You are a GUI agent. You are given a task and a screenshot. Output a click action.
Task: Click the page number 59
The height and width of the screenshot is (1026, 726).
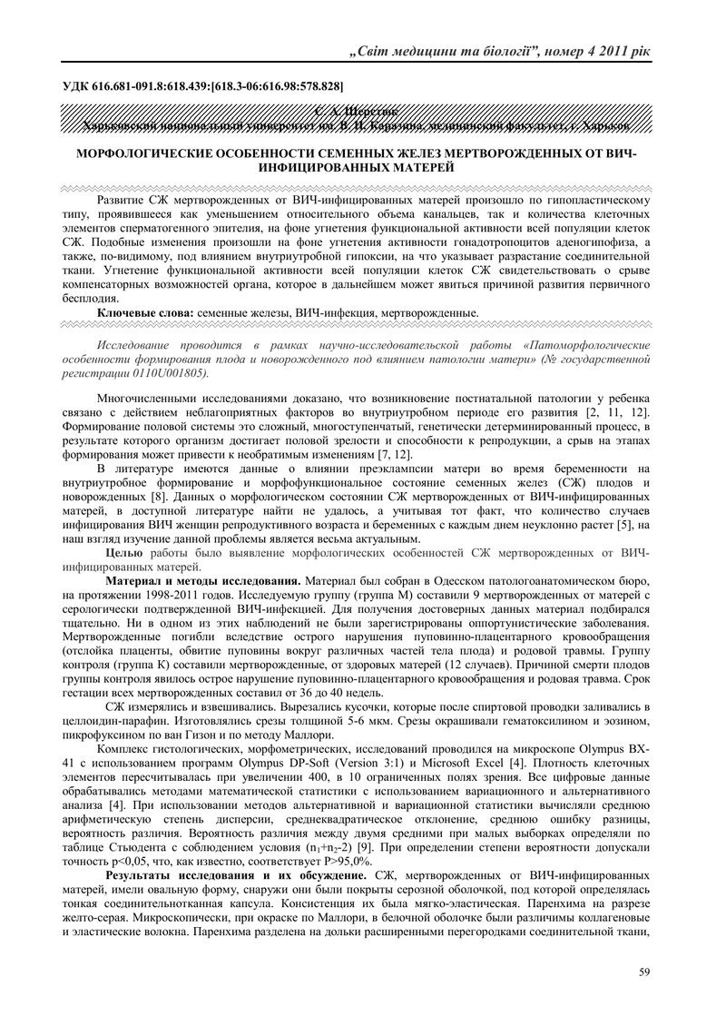pyautogui.click(x=644, y=972)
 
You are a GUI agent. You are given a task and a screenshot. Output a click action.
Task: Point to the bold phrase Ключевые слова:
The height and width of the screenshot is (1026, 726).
pyautogui.click(x=145, y=311)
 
